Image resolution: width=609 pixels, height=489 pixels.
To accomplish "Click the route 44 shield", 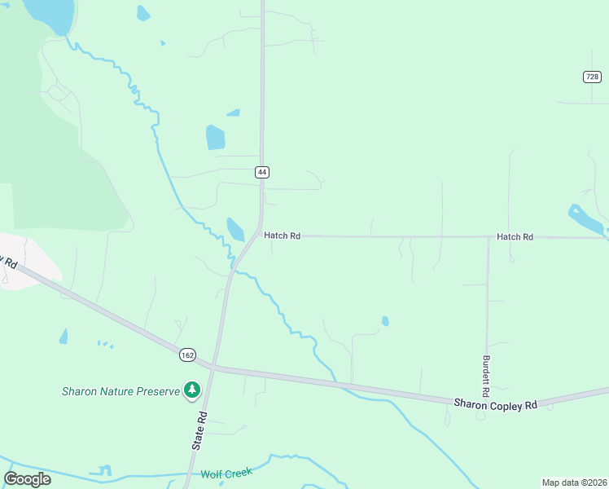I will tap(261, 172).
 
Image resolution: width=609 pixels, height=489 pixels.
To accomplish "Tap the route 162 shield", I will tap(188, 355).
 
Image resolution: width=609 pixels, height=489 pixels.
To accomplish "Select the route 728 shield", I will tap(592, 77).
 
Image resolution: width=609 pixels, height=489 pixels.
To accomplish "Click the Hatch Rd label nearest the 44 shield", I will tap(283, 236).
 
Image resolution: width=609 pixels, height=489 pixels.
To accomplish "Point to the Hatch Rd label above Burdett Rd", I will tap(515, 236).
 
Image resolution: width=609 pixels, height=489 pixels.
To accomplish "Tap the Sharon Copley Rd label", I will tap(495, 404).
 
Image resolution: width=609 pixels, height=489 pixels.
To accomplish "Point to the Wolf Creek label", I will tap(226, 473).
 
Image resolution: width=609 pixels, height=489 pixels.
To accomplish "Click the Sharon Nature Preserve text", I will tap(120, 391).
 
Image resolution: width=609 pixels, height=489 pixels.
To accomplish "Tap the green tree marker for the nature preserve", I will tap(192, 391).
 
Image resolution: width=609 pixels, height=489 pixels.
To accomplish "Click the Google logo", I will tap(27, 478).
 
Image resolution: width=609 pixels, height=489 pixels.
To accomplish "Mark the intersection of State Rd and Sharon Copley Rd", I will tap(213, 368).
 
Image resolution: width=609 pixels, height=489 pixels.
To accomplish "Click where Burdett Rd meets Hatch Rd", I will tap(488, 237).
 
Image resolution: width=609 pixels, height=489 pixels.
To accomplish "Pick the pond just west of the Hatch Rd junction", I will tap(235, 229).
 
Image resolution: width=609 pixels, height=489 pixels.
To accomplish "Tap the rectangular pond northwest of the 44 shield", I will tap(215, 137).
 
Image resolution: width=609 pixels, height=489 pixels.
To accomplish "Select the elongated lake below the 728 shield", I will tap(586, 219).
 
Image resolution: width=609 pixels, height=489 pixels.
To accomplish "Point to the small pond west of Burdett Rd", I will tap(385, 321).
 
